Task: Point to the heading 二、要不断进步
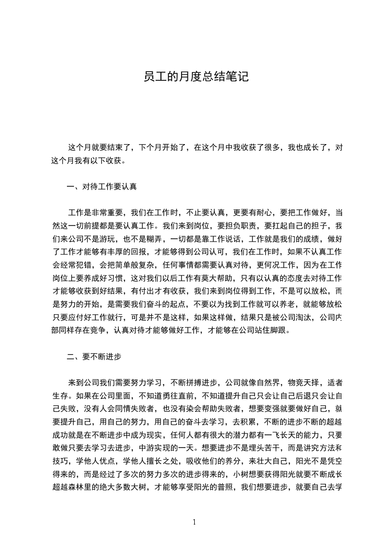pyautogui.click(x=94, y=357)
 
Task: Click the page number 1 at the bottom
pyautogui.click(x=194, y=522)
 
